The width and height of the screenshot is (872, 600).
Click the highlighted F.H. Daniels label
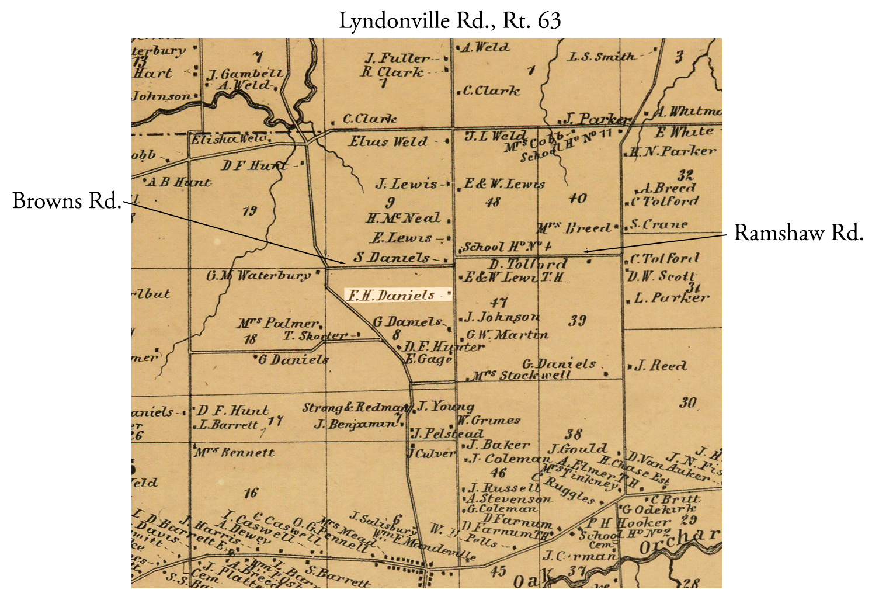(392, 295)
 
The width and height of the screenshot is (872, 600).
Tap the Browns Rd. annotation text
(67, 201)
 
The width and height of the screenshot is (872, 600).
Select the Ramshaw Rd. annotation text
(798, 233)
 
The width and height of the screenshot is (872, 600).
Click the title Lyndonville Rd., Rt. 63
(450, 21)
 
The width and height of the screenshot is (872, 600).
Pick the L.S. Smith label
(602, 57)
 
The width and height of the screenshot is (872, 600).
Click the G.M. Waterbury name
(259, 275)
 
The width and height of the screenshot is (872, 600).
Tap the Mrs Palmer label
(277, 323)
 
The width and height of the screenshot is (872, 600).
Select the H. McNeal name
(403, 219)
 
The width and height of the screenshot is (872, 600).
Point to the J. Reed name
(660, 366)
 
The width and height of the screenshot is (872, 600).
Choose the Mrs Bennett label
(234, 452)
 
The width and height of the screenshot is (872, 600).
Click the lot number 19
(250, 211)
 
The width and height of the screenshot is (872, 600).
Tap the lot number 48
(493, 202)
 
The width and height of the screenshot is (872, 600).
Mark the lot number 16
(251, 493)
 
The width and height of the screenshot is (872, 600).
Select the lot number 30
(688, 403)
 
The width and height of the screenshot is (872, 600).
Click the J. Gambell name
(245, 74)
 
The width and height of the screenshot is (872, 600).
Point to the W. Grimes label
(488, 420)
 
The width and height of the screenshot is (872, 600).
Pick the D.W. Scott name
(662, 276)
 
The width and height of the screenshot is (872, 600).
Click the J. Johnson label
(501, 317)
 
